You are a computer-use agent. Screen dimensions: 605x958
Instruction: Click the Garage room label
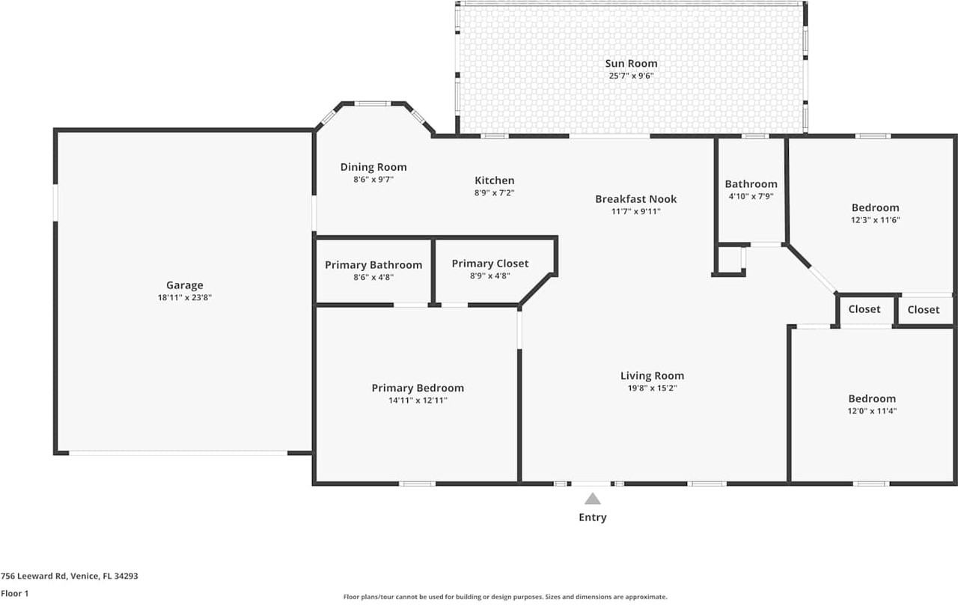coord(184,285)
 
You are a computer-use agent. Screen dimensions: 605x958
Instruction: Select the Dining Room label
coord(373,167)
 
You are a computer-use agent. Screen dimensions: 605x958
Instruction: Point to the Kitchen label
coord(495,180)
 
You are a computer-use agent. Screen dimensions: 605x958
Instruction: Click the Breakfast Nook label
coord(635,198)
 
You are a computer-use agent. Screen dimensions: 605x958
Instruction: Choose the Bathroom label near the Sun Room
coord(751,184)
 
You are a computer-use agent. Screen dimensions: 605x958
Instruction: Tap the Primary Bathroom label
coord(373,265)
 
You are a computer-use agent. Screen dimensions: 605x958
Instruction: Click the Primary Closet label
coord(490,264)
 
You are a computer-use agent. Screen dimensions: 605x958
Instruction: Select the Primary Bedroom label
coord(418,388)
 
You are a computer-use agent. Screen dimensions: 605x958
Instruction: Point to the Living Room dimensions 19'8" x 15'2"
coord(652,388)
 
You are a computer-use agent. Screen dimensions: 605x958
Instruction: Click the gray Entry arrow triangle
coord(593,499)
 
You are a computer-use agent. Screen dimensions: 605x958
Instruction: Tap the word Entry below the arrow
coord(593,517)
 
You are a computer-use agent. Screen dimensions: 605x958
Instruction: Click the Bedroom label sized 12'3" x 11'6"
coord(875,207)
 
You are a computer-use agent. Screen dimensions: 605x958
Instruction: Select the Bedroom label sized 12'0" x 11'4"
coord(871,399)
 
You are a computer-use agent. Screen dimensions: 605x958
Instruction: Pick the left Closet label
coord(864,309)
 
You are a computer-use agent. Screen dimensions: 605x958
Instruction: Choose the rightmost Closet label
coord(924,310)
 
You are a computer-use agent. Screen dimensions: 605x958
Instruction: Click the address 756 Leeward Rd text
coord(69,577)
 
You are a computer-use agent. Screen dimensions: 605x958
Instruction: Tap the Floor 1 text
coord(14,593)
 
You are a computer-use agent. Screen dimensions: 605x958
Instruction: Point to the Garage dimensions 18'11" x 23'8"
coord(184,297)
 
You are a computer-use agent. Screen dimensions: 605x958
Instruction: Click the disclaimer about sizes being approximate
coord(505,597)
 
